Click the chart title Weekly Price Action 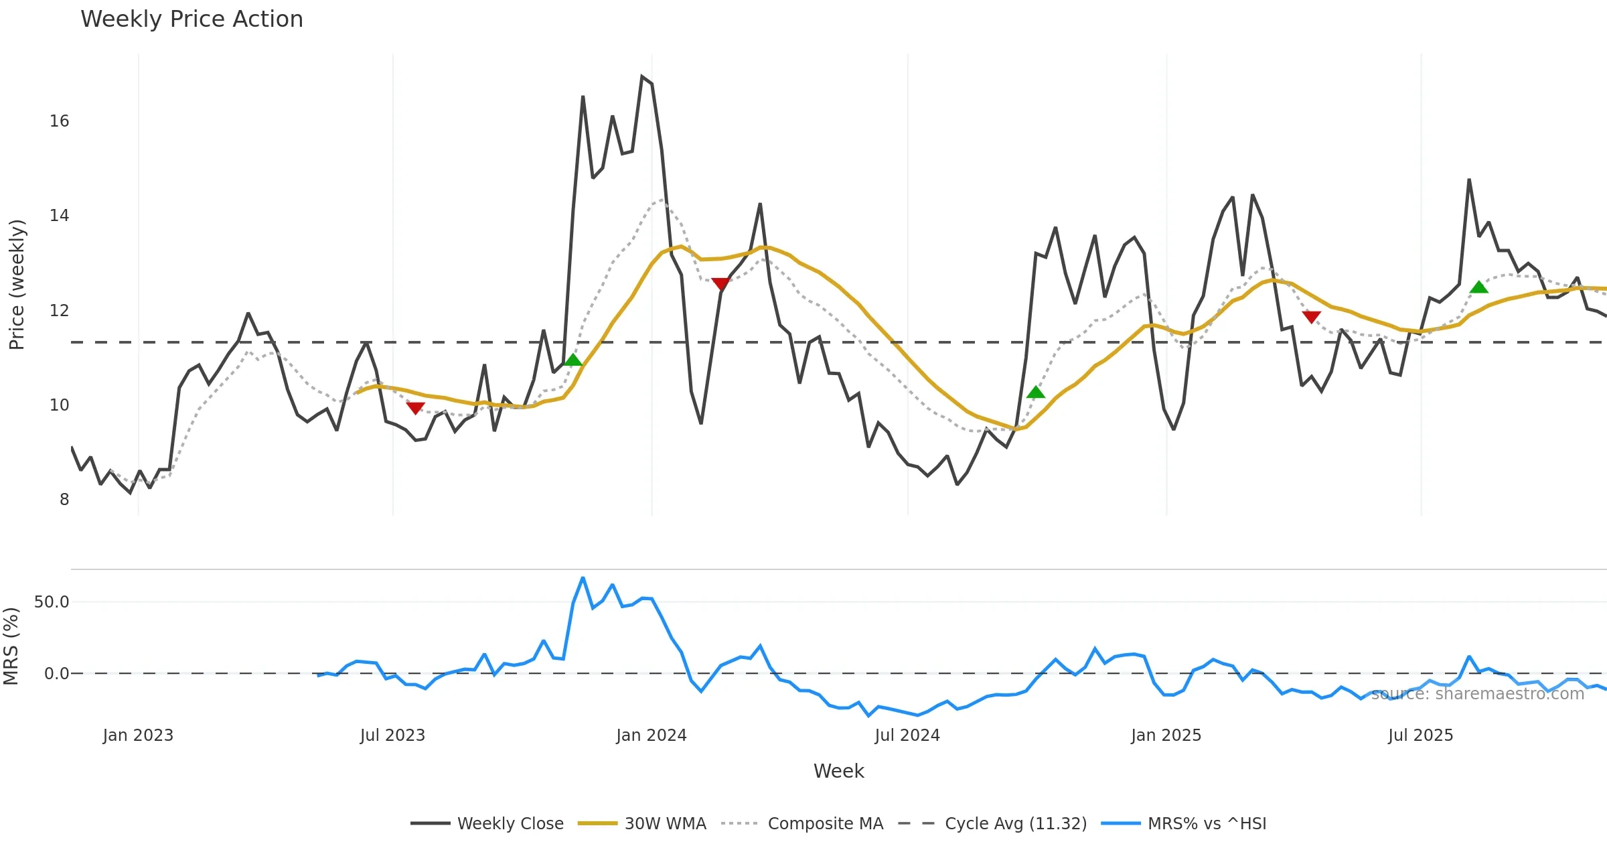pos(192,19)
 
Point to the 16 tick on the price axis pos(59,121)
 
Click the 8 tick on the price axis pos(64,500)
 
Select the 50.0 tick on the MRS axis pos(52,602)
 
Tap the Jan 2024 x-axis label pos(651,735)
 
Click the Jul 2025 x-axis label pos(1420,735)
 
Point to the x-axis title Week pos(838,771)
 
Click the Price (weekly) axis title pos(17,285)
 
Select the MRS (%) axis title pos(11,646)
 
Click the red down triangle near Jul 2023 pos(415,408)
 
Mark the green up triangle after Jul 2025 pos(1479,287)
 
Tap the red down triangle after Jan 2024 pos(720,284)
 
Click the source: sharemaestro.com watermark pos(1477,694)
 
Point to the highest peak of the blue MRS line pos(583,577)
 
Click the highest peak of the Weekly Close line pos(641,76)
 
